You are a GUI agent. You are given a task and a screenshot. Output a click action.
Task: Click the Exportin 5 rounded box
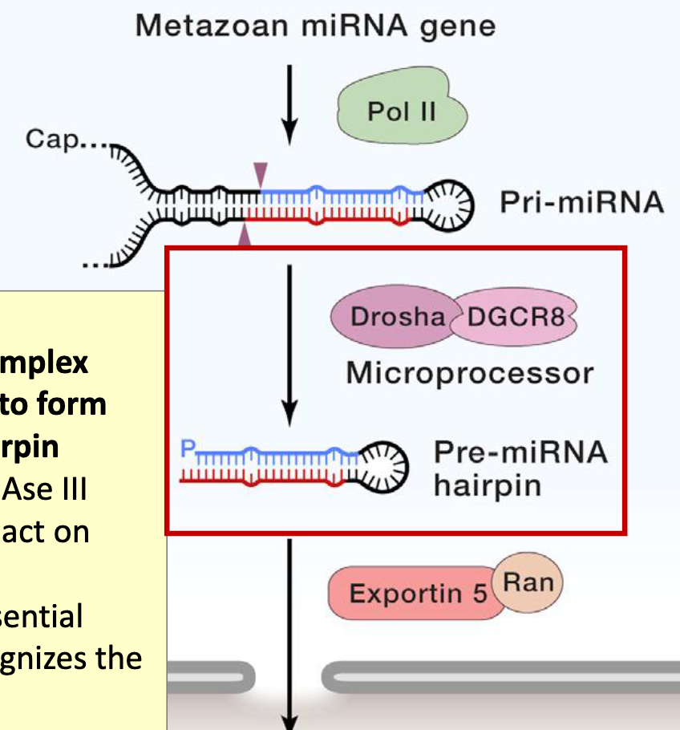coord(417,594)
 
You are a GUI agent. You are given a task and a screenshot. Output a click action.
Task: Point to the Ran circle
coord(528,582)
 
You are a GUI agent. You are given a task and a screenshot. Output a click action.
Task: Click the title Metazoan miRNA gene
coord(315,26)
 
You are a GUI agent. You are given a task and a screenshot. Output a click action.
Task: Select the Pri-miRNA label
coord(582,203)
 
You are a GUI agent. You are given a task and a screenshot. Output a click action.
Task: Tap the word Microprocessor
coord(470,373)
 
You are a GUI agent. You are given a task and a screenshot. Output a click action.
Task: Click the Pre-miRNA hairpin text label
coord(520,469)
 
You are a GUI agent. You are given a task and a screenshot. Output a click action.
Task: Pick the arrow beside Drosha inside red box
coord(290,345)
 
